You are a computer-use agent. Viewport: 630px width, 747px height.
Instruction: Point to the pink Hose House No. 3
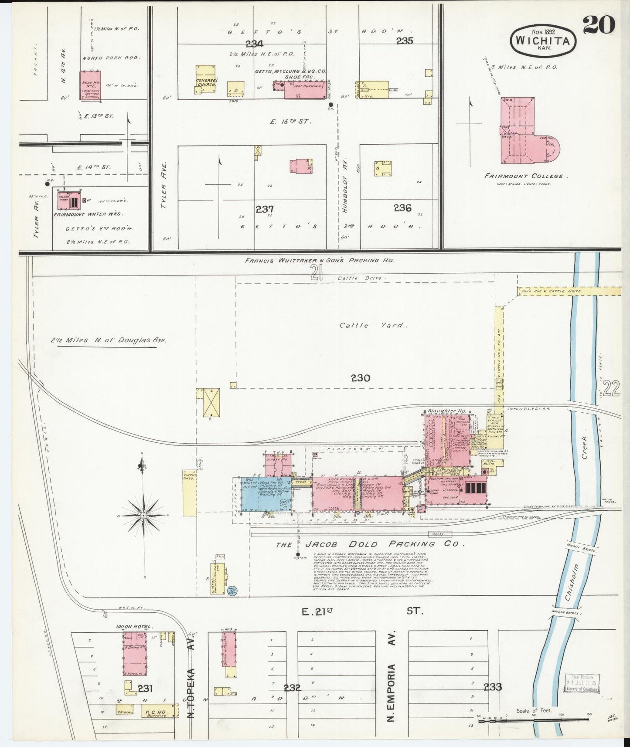90,85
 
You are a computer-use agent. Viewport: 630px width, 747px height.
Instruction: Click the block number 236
402,208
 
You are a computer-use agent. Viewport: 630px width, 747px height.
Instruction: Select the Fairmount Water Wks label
88,214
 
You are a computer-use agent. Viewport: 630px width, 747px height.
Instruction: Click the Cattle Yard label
373,325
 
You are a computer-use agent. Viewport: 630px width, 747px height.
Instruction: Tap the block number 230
360,378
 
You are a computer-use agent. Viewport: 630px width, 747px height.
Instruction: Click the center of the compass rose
143,516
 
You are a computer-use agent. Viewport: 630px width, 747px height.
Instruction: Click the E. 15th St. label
290,122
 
